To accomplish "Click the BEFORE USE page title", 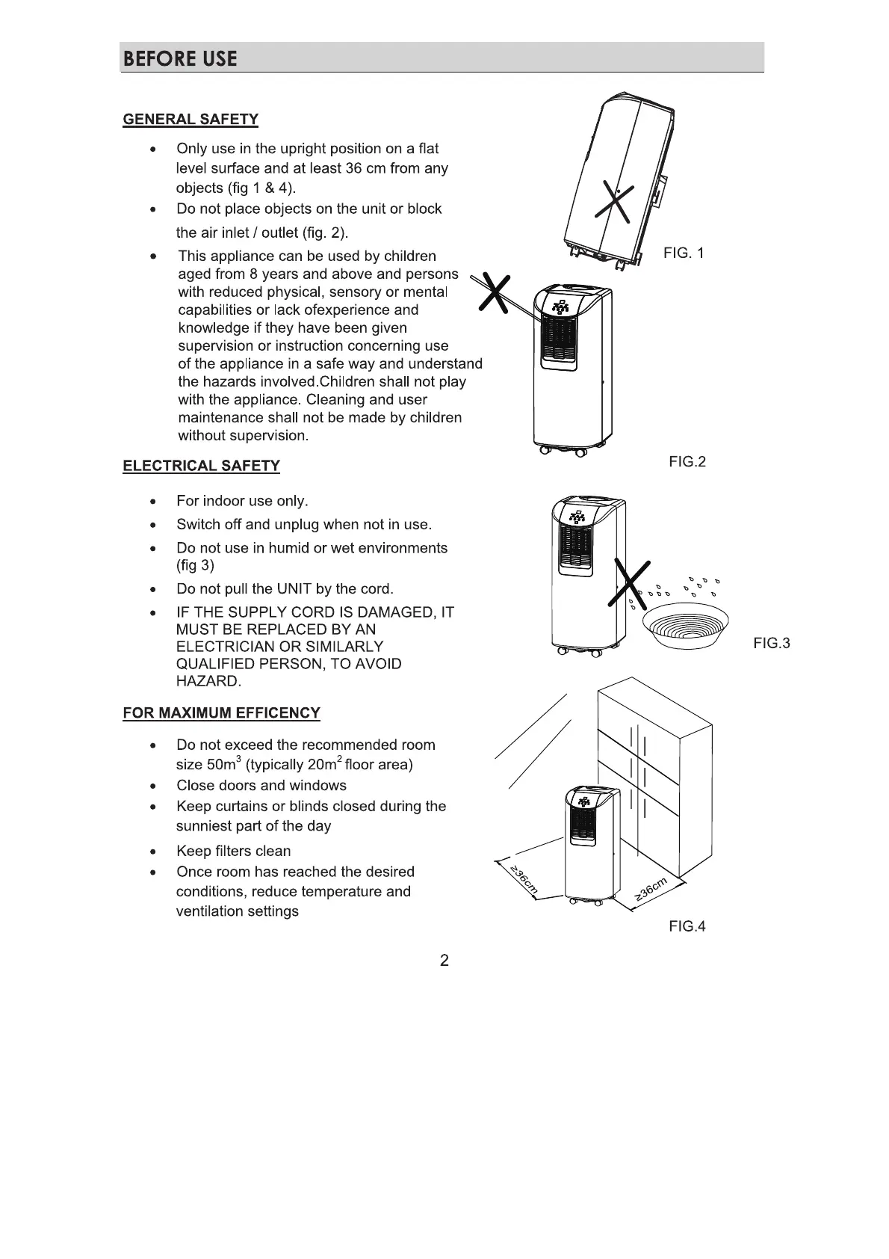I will click(180, 58).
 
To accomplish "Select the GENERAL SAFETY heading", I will click(190, 120).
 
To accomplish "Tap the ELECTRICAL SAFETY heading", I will click(201, 466).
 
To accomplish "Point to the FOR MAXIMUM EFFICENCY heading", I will click(221, 712).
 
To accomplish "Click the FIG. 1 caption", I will click(684, 253).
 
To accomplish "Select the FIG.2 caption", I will click(687, 461).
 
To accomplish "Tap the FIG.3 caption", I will click(772, 643).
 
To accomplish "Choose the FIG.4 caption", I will click(687, 926).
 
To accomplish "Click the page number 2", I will click(444, 961).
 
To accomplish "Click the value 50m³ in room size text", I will click(223, 764).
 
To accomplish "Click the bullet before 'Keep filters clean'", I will click(152, 852).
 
